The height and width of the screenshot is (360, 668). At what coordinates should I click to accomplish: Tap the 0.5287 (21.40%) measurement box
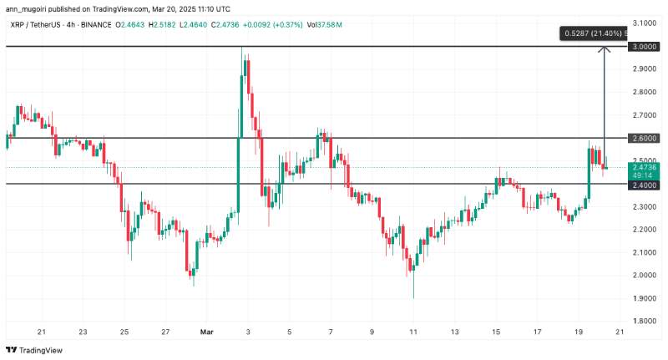point(594,33)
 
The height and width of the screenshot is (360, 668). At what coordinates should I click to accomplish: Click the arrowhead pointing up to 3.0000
point(604,49)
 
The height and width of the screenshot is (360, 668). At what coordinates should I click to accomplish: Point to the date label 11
point(412,331)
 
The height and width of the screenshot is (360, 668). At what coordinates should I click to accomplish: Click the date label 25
point(124,331)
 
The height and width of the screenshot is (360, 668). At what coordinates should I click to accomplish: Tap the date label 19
point(578,331)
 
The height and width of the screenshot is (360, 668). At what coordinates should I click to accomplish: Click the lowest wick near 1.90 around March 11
point(413,294)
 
